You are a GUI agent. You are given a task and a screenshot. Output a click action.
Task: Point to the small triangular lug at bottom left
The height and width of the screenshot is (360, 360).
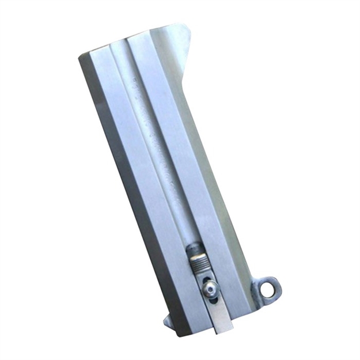point(167,321)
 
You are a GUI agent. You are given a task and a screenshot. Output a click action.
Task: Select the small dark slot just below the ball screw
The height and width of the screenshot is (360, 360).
point(214,298)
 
